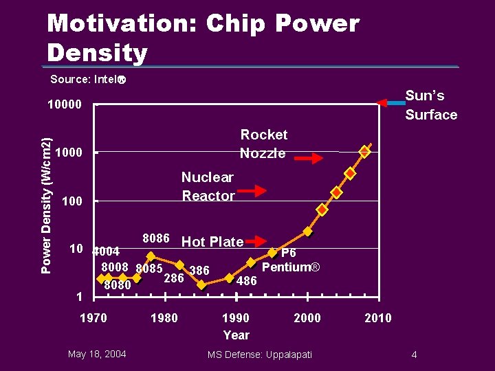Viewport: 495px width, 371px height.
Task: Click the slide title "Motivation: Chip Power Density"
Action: [x=203, y=38]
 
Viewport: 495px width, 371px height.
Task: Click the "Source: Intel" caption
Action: [x=88, y=79]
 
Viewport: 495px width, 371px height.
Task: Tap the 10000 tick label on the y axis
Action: [x=64, y=105]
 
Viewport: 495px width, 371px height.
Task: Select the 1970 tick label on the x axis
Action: [x=93, y=317]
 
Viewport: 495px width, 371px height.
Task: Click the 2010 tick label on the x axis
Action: [x=378, y=317]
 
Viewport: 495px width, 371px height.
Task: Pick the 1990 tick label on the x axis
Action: [x=236, y=317]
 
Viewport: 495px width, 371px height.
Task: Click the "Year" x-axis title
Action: [x=236, y=335]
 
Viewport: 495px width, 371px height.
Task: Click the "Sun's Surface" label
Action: [x=430, y=105]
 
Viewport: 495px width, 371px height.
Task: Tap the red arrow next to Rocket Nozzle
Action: [x=313, y=158]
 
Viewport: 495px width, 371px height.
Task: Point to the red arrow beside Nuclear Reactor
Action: [x=256, y=190]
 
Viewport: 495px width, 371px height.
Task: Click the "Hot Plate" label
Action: [x=212, y=242]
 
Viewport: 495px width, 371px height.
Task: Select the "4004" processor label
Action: [x=107, y=251]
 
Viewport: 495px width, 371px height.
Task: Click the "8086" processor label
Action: [x=156, y=238]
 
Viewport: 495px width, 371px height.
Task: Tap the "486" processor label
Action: [x=247, y=281]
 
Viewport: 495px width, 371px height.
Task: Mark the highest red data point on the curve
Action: [x=365, y=152]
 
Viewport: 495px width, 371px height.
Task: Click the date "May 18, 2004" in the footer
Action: [x=97, y=354]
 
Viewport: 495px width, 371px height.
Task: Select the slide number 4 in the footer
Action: [x=414, y=355]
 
